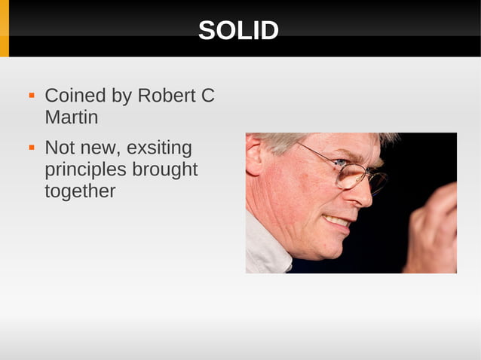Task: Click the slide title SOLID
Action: pos(238,31)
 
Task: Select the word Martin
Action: pos(71,118)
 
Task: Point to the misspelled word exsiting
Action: pos(161,148)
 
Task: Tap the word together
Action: pos(80,191)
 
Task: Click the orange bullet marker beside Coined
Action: pos(32,97)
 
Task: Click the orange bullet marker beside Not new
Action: pos(32,148)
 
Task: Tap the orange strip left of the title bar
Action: pos(5,29)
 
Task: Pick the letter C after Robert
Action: pos(207,96)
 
